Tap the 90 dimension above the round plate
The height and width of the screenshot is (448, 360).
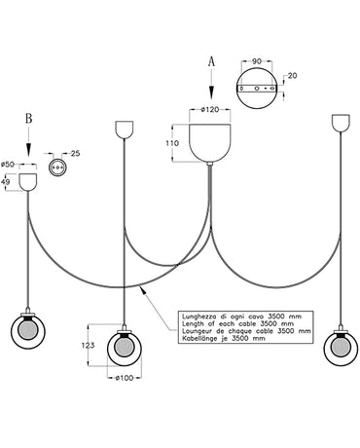pyautogui.click(x=257, y=60)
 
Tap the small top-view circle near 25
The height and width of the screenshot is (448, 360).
pyautogui.click(x=55, y=168)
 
